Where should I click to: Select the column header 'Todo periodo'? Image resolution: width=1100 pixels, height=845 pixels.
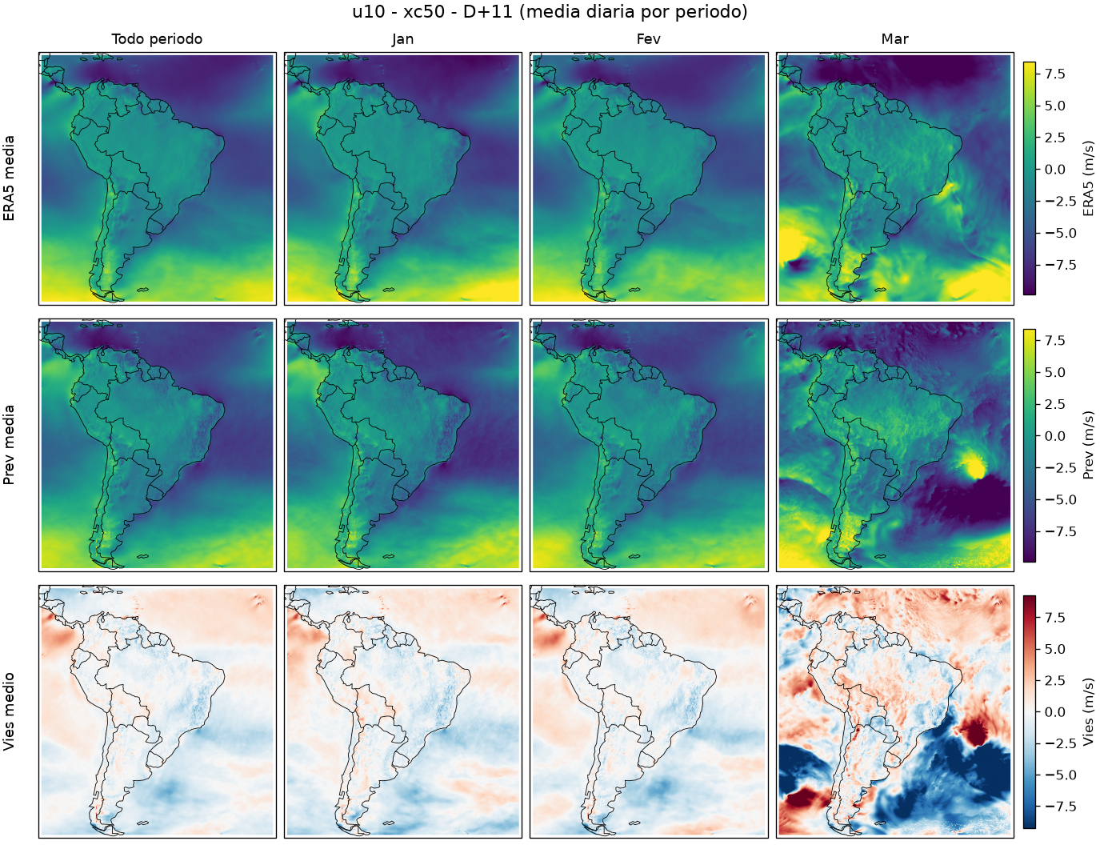[157, 39]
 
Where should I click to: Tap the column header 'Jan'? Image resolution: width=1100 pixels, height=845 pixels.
[402, 39]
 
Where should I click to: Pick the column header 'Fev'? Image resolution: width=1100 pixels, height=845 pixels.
[649, 39]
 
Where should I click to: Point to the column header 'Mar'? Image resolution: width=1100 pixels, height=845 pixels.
[894, 39]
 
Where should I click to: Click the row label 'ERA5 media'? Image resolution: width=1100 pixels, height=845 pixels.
[9, 178]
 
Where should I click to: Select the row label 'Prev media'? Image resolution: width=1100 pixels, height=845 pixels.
[9, 445]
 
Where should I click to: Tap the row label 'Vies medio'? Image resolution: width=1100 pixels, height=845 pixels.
[9, 711]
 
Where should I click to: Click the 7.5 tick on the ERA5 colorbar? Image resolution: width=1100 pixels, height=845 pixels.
[1055, 74]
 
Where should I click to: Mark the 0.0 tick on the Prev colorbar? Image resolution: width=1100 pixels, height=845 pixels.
[1055, 436]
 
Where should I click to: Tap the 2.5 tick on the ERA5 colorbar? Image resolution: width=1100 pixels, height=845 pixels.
[1055, 138]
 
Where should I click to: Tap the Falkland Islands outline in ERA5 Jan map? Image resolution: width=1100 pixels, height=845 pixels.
[388, 290]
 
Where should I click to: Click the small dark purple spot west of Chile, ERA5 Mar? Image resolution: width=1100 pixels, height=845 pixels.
[798, 264]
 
